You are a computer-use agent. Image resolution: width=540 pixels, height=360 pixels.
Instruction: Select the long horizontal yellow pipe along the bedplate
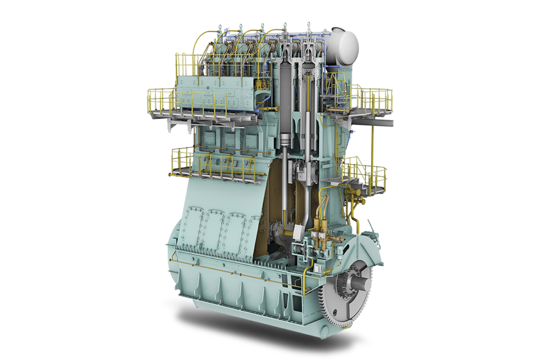tap(236, 263)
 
